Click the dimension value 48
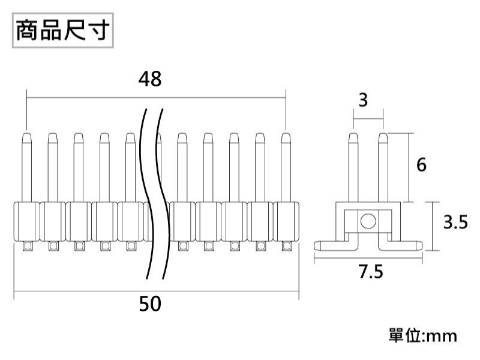[x=150, y=79]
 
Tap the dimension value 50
[x=150, y=304]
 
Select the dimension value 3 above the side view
[x=364, y=100]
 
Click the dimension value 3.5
[x=455, y=223]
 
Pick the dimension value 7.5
[x=370, y=272]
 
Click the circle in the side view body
[x=368, y=221]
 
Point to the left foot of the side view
[x=331, y=244]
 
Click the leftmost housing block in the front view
[x=26, y=221]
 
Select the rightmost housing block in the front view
[x=286, y=221]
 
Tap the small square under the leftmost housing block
[x=26, y=246]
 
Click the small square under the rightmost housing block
[x=287, y=246]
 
